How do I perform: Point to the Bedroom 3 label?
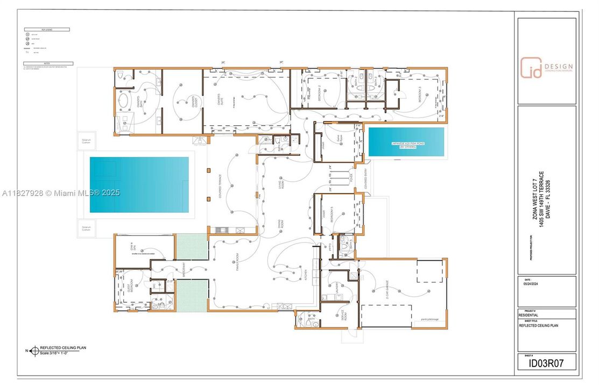(420, 94)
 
